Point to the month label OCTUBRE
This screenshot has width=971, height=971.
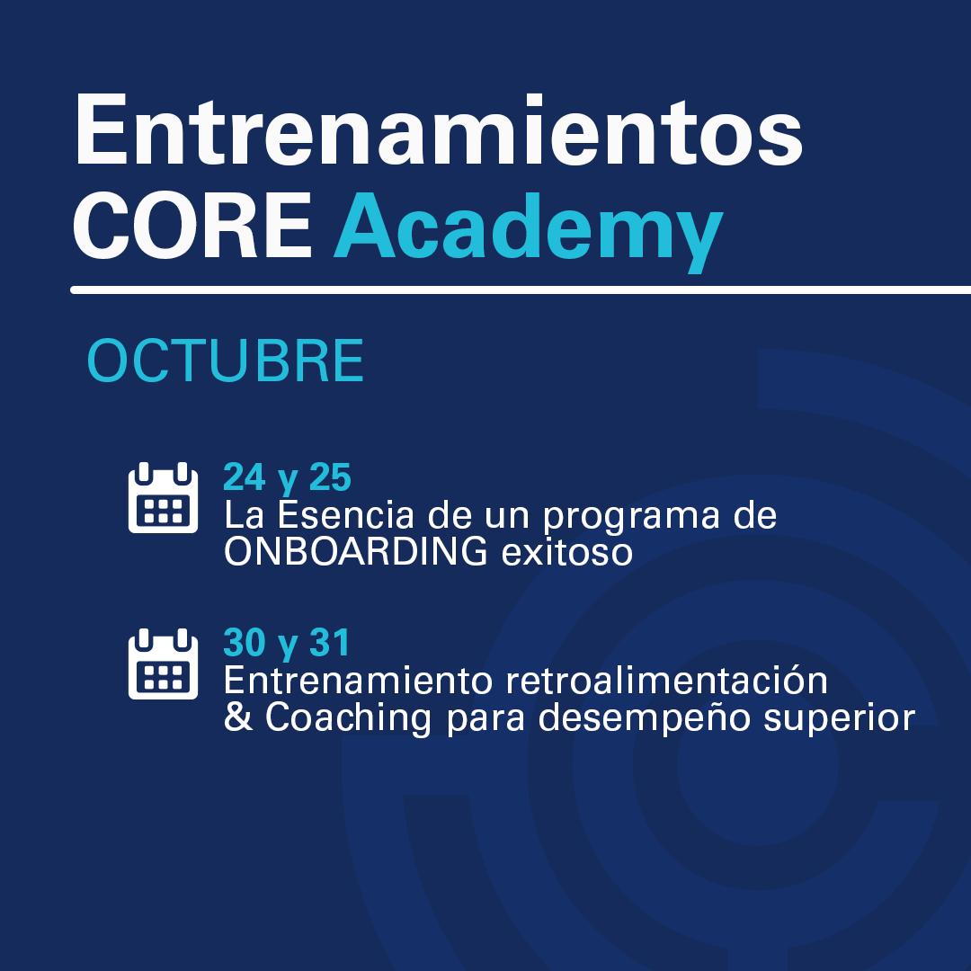(225, 361)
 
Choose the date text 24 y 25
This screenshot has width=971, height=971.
(287, 477)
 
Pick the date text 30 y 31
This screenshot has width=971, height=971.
(286, 643)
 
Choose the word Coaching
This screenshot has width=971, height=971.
(343, 720)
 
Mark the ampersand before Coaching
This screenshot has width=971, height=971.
(237, 719)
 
